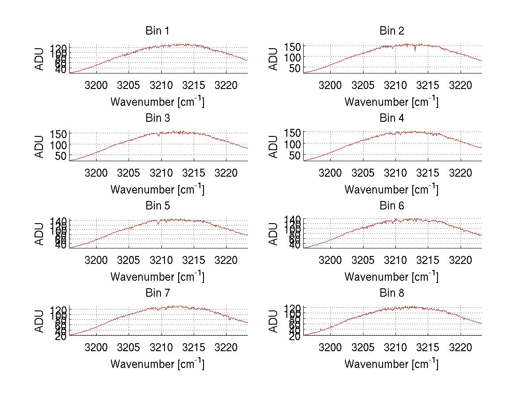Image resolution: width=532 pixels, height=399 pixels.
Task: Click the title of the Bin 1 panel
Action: click(x=157, y=31)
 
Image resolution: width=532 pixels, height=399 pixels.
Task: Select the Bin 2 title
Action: click(x=392, y=31)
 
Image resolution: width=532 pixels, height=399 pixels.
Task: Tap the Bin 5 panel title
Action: click(x=157, y=206)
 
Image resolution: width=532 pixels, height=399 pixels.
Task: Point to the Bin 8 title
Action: click(x=392, y=293)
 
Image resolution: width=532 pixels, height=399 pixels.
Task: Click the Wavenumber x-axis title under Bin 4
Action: click(x=391, y=190)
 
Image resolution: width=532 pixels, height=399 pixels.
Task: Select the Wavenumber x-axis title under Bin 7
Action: click(x=157, y=364)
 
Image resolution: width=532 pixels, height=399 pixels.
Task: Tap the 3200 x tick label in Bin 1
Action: click(x=96, y=85)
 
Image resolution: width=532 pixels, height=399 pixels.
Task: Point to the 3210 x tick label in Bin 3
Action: click(x=161, y=172)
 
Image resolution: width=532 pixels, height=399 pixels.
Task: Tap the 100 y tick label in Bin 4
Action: click(x=293, y=144)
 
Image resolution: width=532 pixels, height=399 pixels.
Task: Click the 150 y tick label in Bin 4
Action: click(x=293, y=132)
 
